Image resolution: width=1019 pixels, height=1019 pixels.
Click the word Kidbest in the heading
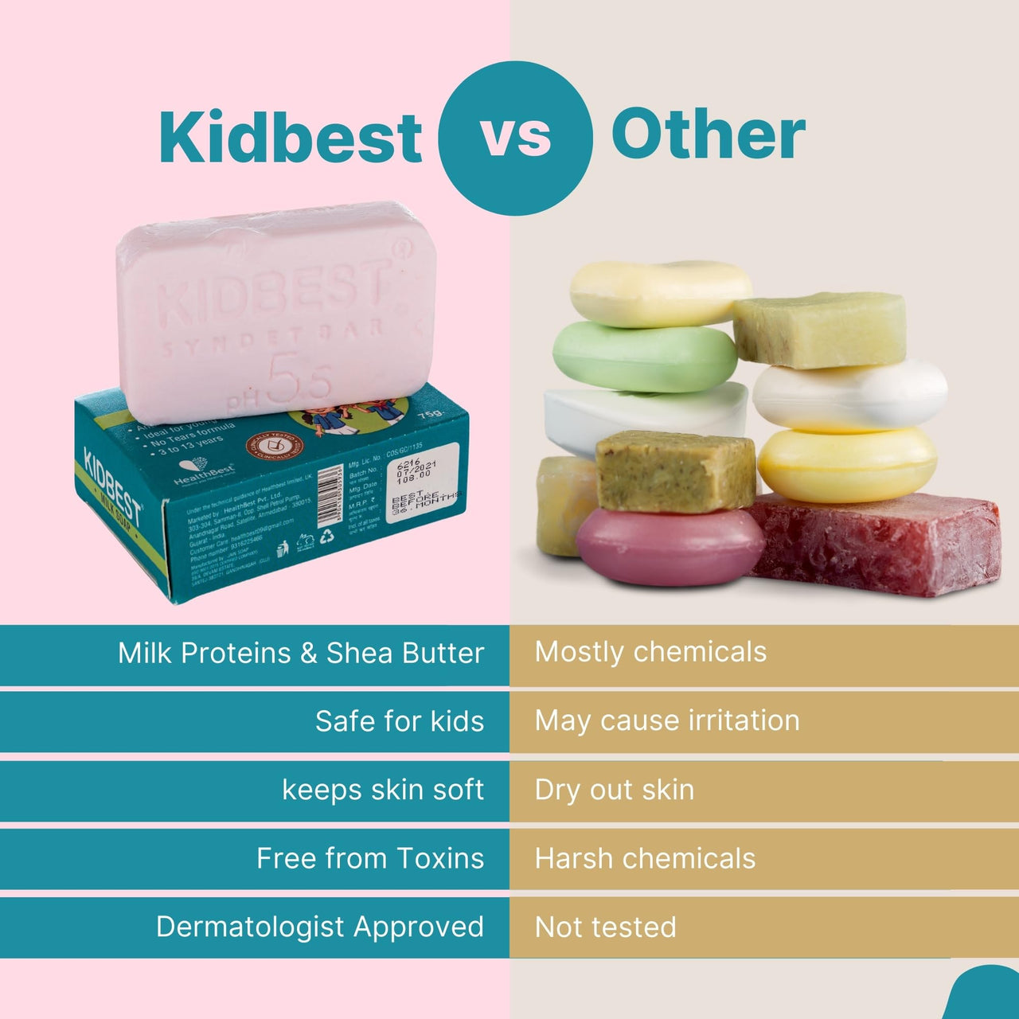pos(291,137)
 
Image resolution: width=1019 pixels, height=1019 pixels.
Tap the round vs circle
pos(515,138)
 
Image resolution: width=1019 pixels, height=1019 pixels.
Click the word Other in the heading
pos(708,135)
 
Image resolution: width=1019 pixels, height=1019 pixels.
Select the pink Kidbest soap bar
pos(275,310)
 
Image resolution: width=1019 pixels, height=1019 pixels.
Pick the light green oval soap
pos(645,357)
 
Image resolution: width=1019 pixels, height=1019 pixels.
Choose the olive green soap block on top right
pos(820,329)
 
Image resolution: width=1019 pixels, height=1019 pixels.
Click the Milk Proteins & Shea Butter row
pos(301,654)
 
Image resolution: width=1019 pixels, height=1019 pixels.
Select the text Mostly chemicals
pos(650,652)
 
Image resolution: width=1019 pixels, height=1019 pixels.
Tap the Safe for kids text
pos(400,721)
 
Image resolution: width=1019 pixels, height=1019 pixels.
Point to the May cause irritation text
pos(667,720)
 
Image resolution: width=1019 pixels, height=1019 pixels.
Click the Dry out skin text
pos(615,790)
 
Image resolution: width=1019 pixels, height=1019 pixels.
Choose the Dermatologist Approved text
pos(320,927)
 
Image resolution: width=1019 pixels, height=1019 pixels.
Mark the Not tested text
pos(606,927)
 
